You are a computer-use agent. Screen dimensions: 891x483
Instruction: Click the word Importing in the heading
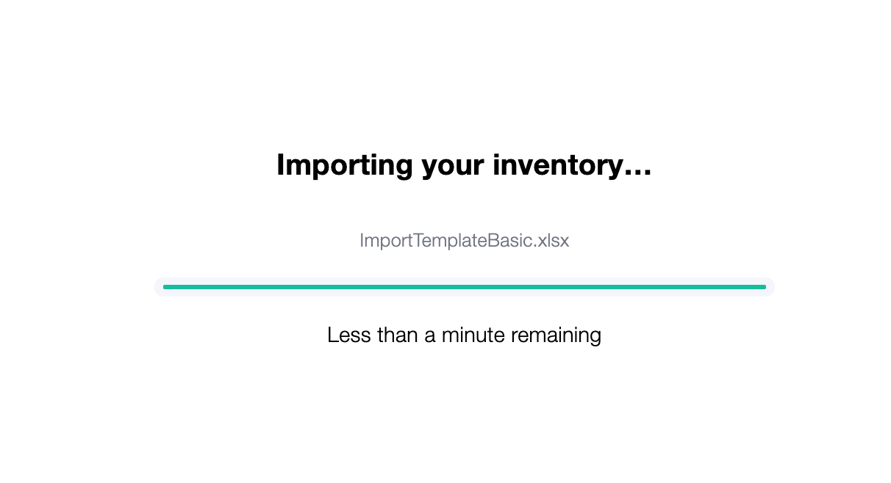(345, 166)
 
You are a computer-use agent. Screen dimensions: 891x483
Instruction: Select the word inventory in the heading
(557, 166)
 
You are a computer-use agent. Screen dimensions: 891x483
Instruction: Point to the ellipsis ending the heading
(637, 172)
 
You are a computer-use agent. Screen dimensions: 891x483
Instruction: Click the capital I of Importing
(280, 164)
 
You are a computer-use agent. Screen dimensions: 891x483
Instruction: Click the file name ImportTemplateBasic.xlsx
(464, 241)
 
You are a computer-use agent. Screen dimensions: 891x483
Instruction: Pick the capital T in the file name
(420, 240)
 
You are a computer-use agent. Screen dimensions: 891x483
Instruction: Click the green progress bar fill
(464, 287)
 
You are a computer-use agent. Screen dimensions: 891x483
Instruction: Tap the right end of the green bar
(765, 287)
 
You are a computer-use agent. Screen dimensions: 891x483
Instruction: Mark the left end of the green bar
(164, 287)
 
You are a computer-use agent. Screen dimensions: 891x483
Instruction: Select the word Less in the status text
(349, 335)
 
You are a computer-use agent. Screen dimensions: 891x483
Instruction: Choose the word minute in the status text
(473, 335)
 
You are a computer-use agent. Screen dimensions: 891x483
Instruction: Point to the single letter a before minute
(429, 337)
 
